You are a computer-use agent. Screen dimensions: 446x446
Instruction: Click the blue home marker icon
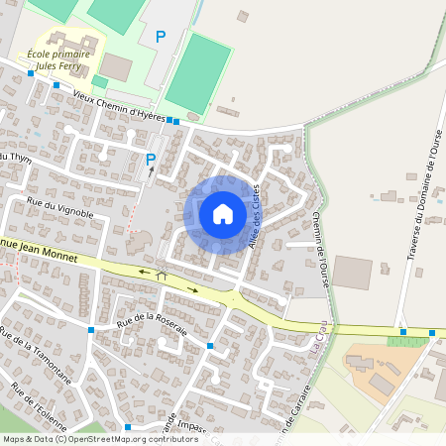[222, 213]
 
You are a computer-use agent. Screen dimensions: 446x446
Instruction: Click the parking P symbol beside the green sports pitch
[161, 37]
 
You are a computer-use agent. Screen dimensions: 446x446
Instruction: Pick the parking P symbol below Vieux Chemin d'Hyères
[151, 159]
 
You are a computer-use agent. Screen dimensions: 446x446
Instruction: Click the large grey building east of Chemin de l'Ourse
[352, 273]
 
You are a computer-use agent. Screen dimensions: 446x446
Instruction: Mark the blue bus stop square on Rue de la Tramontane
[91, 330]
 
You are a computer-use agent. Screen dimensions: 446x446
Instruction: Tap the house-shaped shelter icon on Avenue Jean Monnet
[162, 276]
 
